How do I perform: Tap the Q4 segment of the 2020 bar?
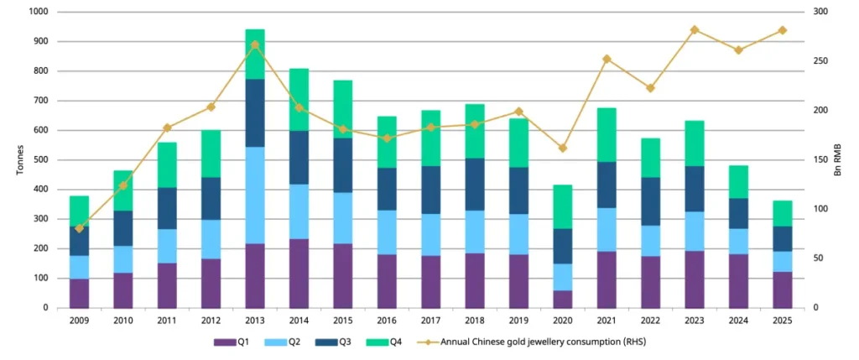(563, 206)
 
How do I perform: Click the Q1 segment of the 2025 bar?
(782, 290)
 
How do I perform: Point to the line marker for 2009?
(80, 228)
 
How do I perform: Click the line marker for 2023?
(695, 29)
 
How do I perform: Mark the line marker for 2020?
(563, 148)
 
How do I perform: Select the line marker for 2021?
(607, 59)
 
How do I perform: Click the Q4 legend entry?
(385, 342)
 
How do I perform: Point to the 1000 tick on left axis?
(39, 12)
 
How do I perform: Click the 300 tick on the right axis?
(821, 12)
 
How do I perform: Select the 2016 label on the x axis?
(388, 321)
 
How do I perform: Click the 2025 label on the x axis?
(782, 321)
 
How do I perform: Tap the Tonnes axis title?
(19, 159)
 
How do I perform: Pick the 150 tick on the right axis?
(821, 159)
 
